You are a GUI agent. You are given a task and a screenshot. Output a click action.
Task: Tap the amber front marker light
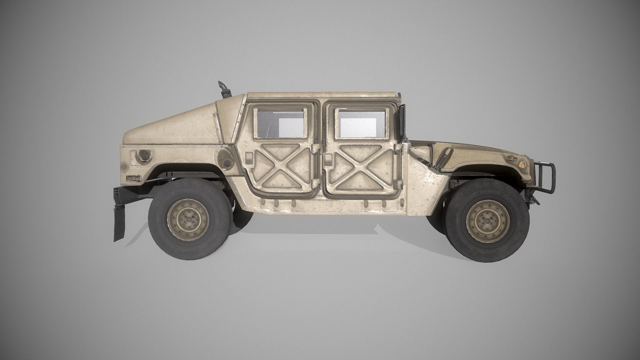click(522, 163)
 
